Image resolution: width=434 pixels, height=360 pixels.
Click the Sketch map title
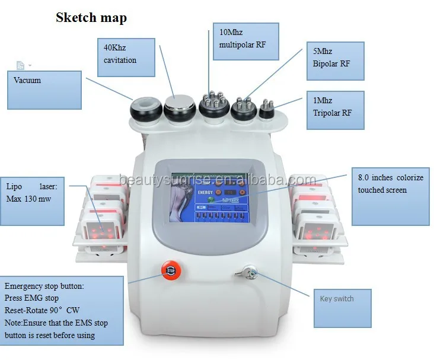click(91, 17)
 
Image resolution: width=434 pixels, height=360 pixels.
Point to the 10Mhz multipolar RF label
click(244, 41)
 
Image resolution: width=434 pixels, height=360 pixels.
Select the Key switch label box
click(342, 308)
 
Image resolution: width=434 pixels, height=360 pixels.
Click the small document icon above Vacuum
click(20, 65)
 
